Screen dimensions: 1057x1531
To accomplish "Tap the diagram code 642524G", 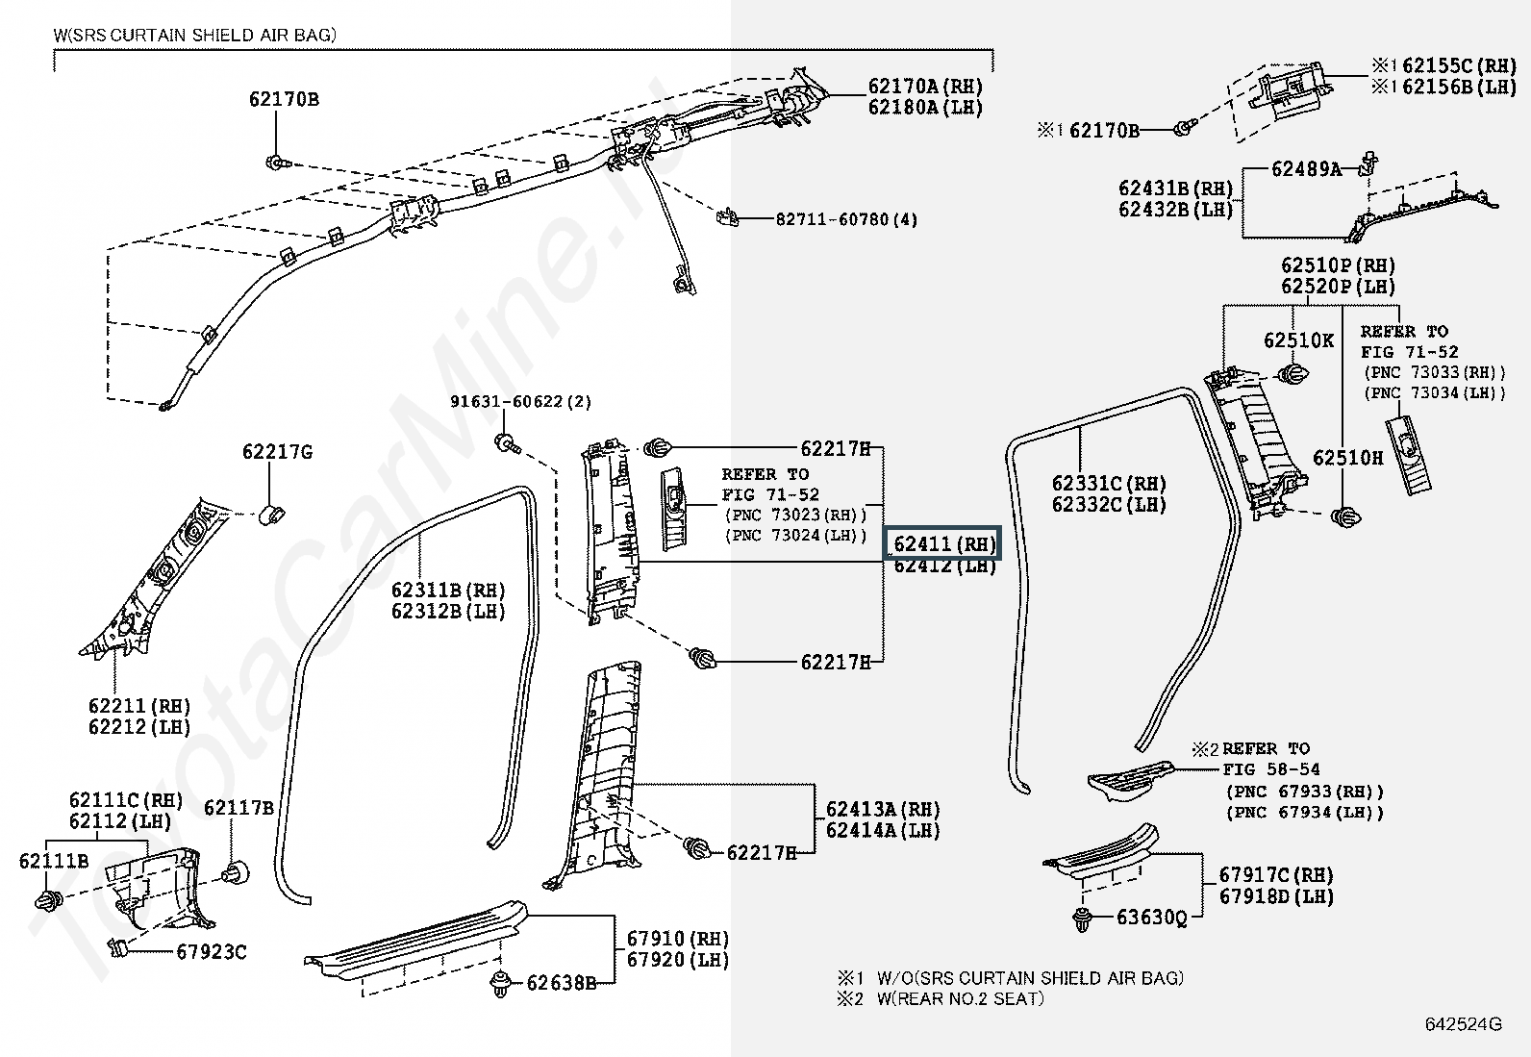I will click(1463, 1024).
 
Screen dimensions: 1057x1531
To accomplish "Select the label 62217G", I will click(277, 452).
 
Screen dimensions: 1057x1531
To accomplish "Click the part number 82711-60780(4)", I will click(846, 219).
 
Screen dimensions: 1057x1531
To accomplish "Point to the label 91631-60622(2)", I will click(521, 402).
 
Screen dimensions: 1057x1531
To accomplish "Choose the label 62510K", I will click(1298, 340).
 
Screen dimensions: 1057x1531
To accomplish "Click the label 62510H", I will click(1348, 458).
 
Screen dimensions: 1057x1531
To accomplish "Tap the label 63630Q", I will click(1152, 918).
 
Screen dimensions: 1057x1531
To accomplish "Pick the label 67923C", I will click(211, 952).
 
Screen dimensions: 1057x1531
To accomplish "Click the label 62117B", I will click(238, 808).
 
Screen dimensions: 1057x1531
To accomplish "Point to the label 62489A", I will click(1306, 169).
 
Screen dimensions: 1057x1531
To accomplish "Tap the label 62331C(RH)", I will click(1109, 484).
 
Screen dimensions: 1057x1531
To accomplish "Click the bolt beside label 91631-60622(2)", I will click(505, 443).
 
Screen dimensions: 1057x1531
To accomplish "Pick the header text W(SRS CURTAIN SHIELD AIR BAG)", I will click(195, 36).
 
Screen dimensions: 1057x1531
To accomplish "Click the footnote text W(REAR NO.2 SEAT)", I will click(959, 998).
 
